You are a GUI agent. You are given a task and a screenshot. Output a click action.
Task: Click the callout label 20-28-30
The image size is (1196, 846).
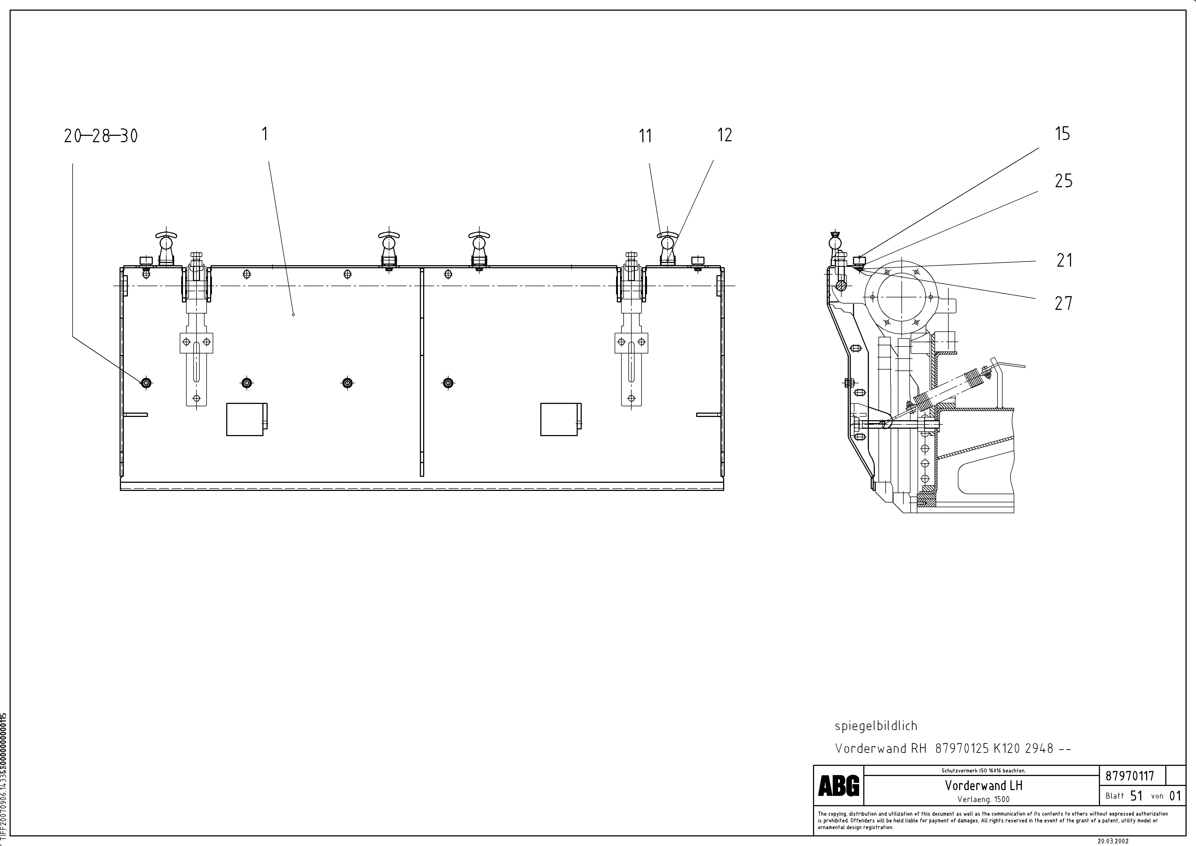pyautogui.click(x=101, y=137)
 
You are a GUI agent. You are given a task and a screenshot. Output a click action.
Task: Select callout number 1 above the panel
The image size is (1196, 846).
pyautogui.click(x=265, y=134)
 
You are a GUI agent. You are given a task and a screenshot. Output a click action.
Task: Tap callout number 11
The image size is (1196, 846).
pyautogui.click(x=645, y=137)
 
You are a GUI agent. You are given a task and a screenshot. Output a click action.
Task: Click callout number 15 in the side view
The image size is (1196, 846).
pyautogui.click(x=1062, y=134)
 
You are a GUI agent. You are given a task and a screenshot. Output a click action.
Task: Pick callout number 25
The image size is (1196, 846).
pyautogui.click(x=1063, y=181)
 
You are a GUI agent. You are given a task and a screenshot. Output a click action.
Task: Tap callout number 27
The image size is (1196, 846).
pyautogui.click(x=1063, y=303)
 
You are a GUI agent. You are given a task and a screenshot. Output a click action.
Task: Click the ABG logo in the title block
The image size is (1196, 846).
pyautogui.click(x=839, y=786)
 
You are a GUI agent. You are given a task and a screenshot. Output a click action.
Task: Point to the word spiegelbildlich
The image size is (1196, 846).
pyautogui.click(x=876, y=726)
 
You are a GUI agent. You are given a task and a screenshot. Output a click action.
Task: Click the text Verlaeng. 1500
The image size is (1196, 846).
pyautogui.click(x=984, y=799)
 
